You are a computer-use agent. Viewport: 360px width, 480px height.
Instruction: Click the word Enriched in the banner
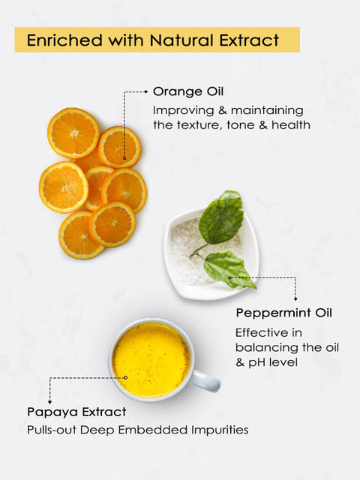pos(64,40)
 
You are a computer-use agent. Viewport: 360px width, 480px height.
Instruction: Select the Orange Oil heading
pos(188,91)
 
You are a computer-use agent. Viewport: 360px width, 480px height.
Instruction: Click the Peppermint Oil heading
pos(283,313)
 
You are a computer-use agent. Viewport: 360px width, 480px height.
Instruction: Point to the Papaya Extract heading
pos(76,412)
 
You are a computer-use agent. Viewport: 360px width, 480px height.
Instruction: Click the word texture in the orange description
pos(197,125)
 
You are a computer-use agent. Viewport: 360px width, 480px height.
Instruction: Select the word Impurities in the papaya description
pos(220,430)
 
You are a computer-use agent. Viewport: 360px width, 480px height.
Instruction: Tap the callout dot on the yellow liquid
pos(125,378)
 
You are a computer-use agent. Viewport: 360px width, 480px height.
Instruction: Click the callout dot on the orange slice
pos(124,158)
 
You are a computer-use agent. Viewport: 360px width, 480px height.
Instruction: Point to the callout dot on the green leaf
pos(229,277)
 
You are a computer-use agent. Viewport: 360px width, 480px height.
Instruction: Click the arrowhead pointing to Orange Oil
pos(146,91)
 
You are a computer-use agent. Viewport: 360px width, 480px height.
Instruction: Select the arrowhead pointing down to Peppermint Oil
pos(295,298)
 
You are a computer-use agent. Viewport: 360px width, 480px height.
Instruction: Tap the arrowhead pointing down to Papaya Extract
pos(49,402)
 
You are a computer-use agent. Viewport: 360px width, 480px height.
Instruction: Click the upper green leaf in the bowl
pos(221,218)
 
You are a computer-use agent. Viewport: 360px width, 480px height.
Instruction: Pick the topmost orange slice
pos(73,133)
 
